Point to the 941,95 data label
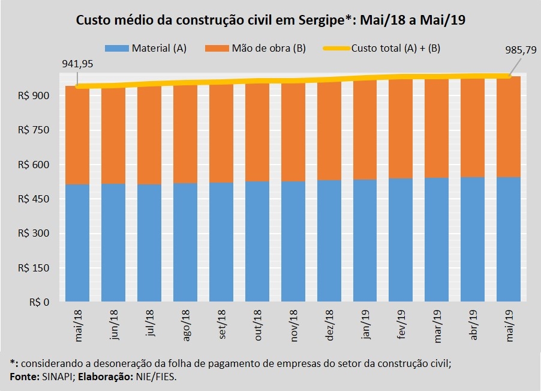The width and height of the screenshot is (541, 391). [x=77, y=62]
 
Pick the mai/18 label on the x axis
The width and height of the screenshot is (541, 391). [x=79, y=325]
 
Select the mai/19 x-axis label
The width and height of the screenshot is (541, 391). [x=510, y=325]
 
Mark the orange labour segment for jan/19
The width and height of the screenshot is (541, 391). [x=365, y=129]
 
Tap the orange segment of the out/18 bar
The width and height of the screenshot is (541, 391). [x=257, y=132]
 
